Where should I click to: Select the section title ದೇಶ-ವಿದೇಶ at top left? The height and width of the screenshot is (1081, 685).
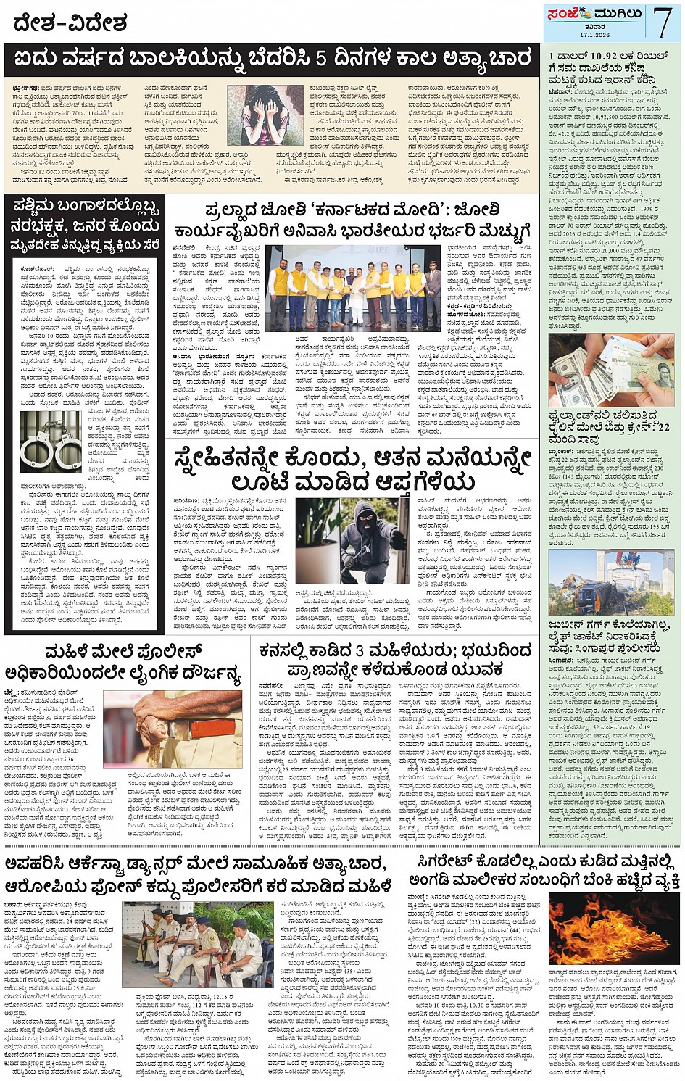click(x=70, y=23)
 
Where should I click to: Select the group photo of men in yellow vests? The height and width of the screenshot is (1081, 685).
click(x=352, y=286)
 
